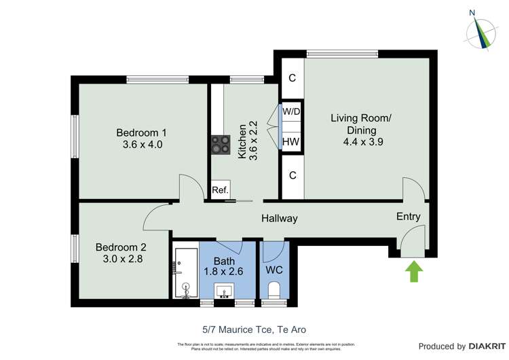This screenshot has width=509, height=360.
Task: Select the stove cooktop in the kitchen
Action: pyautogui.click(x=221, y=144)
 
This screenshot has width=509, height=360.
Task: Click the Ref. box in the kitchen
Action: pyautogui.click(x=220, y=190)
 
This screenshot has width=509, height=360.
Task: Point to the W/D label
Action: pyautogui.click(x=292, y=111)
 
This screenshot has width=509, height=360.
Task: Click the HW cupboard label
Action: pyautogui.click(x=292, y=141)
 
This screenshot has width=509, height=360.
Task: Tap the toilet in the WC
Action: pyautogui.click(x=275, y=291)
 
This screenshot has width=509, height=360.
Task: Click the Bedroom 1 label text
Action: pyautogui.click(x=141, y=132)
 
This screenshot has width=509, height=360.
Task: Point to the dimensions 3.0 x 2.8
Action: pyautogui.click(x=120, y=259)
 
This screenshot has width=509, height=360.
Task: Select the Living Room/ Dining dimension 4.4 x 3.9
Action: pyautogui.click(x=360, y=142)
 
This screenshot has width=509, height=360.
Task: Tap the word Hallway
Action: pyautogui.click(x=280, y=219)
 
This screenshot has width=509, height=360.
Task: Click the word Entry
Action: pyautogui.click(x=409, y=217)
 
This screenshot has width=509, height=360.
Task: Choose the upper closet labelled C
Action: pyautogui.click(x=292, y=78)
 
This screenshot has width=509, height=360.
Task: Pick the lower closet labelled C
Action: pyautogui.click(x=292, y=175)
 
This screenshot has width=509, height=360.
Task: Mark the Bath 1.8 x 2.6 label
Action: pyautogui.click(x=224, y=266)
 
